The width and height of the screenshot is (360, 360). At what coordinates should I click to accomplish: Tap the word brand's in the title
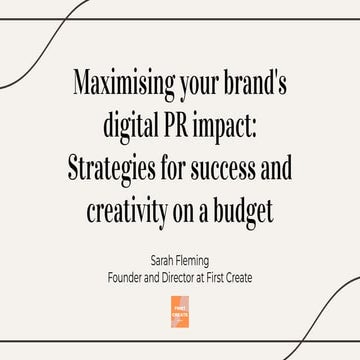tap(254, 83)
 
